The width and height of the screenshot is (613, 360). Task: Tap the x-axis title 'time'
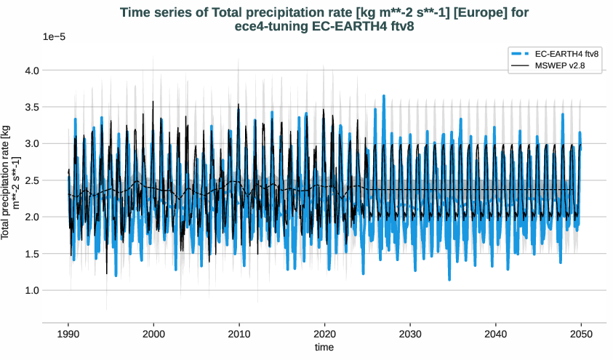point(324,348)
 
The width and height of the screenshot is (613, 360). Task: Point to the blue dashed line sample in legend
point(520,54)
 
